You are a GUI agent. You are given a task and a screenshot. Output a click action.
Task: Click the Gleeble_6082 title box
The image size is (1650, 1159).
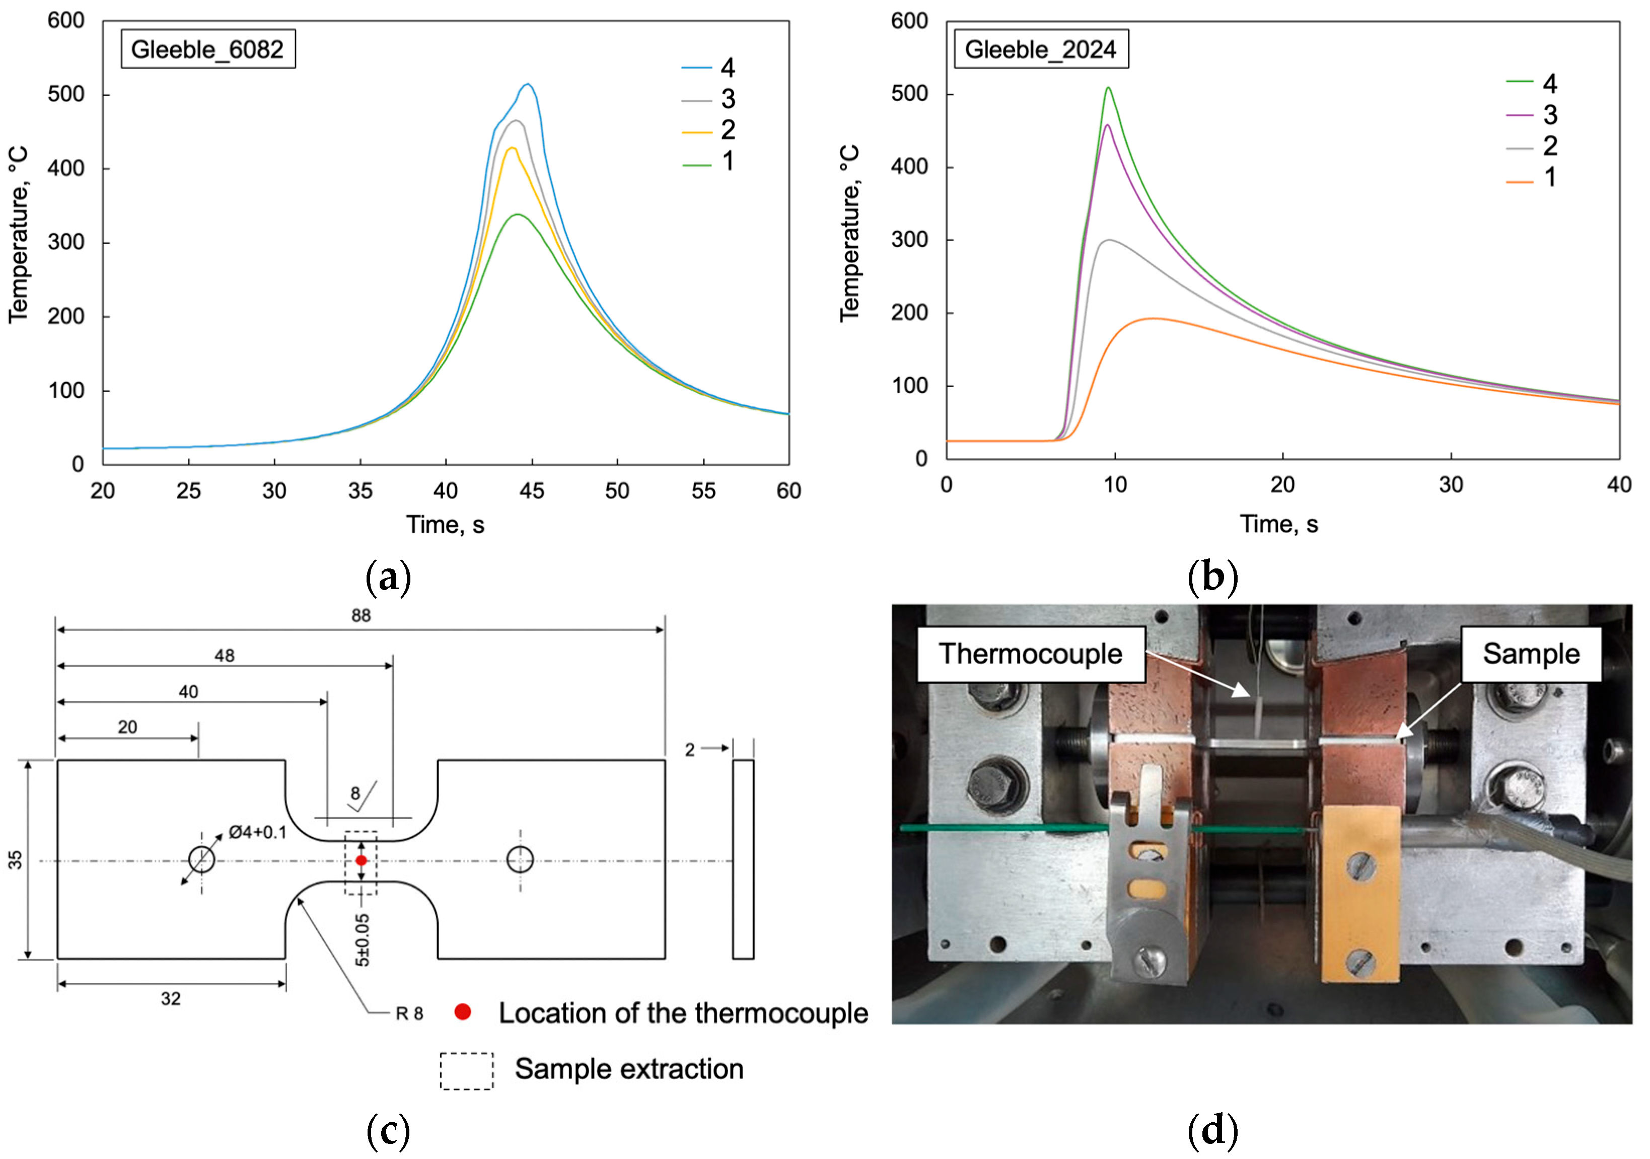point(207,49)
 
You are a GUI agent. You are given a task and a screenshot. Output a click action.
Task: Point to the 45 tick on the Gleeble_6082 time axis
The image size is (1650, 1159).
point(532,491)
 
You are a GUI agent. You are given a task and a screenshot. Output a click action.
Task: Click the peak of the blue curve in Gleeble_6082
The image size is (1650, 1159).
point(528,84)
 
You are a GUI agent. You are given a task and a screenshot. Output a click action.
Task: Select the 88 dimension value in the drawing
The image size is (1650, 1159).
point(361,616)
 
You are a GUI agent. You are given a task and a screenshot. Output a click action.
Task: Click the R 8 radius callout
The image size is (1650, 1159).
point(409,1014)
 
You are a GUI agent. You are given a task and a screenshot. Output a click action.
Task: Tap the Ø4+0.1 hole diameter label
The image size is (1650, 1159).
point(257,833)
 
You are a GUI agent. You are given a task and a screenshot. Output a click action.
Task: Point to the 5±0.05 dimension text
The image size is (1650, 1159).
point(363,940)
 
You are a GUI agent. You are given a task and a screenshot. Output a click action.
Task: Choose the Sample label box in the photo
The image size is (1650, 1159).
point(1531,654)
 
